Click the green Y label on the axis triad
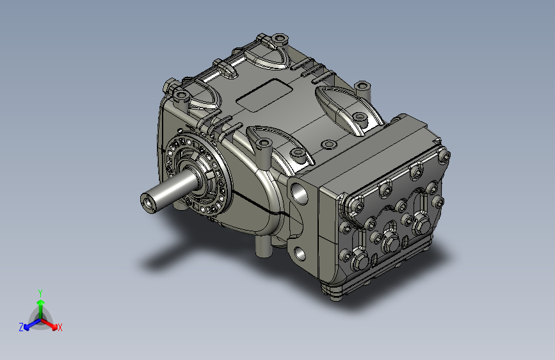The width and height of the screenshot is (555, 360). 40,293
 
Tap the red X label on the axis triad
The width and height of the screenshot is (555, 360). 60,327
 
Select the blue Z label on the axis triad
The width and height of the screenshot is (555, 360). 21,327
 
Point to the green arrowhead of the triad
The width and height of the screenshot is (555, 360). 41,302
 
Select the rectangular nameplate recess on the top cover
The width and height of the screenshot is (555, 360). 264,95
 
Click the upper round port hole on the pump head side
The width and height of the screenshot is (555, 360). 300,195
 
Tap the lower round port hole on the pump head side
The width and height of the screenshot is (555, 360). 300,254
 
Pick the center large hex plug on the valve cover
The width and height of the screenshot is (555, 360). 391,243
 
